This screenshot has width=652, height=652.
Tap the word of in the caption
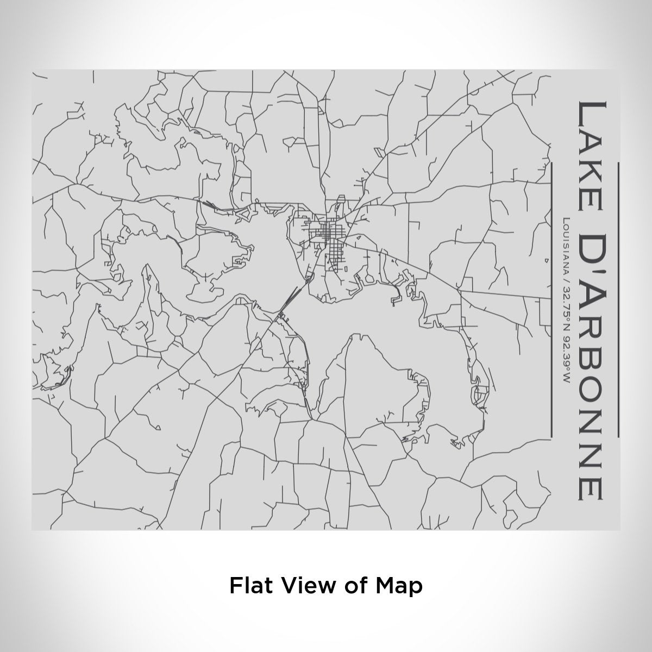click(355, 586)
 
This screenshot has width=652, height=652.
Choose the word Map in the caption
click(399, 586)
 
